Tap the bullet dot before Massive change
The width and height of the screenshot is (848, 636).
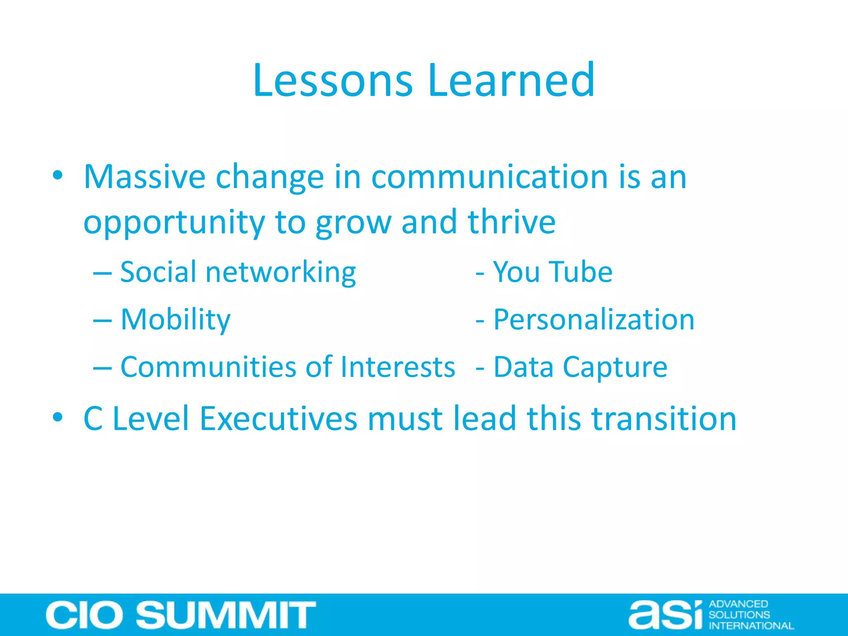coord(58,176)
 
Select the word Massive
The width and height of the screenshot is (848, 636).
coord(145,177)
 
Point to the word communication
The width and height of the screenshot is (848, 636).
coord(489,177)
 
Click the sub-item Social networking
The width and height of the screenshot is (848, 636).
coord(238,272)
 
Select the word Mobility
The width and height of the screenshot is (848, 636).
coord(176,320)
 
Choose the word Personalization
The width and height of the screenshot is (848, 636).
coord(594,320)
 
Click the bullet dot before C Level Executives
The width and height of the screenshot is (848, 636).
coord(58,417)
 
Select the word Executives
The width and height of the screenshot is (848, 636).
coord(278,419)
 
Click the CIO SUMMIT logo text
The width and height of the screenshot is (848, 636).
coord(181,615)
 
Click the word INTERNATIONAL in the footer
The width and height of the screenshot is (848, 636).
coord(751,626)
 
